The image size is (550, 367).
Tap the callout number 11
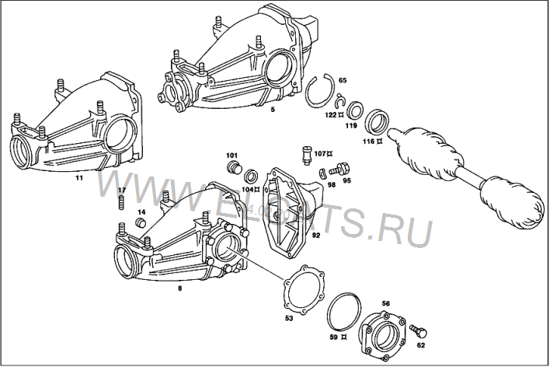pyautogui.click(x=78, y=177)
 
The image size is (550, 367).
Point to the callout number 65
pyautogui.click(x=343, y=80)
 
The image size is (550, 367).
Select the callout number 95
pyautogui.click(x=346, y=180)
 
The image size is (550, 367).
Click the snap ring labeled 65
pyautogui.click(x=318, y=92)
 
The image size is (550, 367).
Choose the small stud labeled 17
pyautogui.click(x=122, y=203)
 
